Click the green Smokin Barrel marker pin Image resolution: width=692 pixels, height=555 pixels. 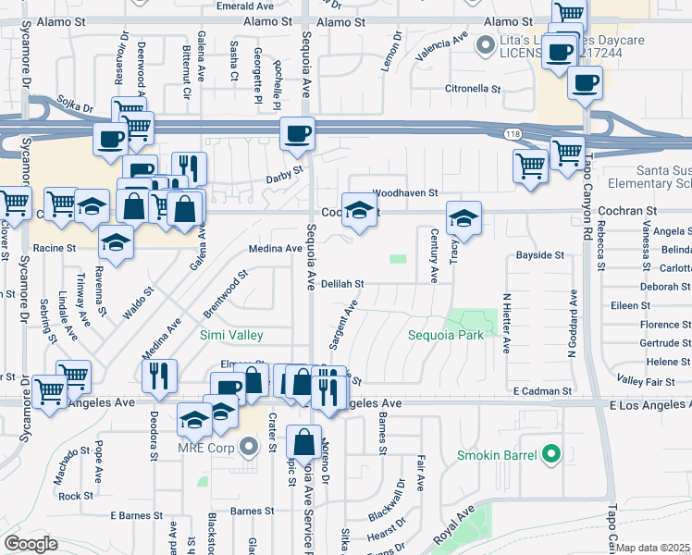[x=552, y=454]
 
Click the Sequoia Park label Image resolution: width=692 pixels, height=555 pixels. [x=446, y=335]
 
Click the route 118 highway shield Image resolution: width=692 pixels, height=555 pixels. [x=513, y=135]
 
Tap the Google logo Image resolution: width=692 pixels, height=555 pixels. [x=31, y=543]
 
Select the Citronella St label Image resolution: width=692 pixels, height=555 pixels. [x=473, y=90]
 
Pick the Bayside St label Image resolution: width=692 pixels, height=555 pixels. [x=539, y=254]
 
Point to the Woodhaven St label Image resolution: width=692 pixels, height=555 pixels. [x=404, y=192]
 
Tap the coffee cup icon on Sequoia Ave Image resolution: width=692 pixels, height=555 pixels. [x=297, y=134]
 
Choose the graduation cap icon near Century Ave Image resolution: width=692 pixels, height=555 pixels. [x=463, y=219]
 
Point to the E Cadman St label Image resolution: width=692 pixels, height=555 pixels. [x=542, y=392]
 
